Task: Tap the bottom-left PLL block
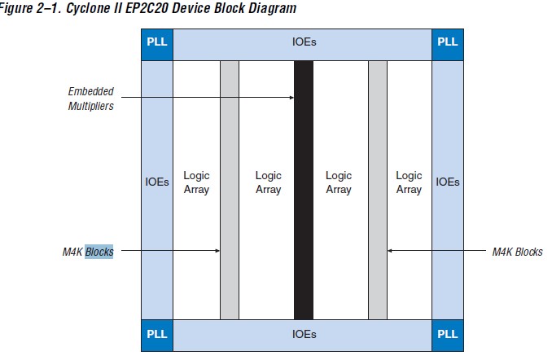157,335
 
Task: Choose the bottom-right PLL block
447,335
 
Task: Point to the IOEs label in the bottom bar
303,335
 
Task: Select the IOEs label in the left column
157,182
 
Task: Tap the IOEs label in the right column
447,182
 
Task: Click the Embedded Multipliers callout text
90,99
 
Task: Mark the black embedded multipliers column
303,212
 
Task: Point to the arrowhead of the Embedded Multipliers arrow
292,99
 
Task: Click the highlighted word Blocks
99,252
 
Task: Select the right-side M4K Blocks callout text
517,252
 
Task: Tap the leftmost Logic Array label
196,182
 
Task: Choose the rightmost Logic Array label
409,182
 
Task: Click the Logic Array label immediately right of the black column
339,182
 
